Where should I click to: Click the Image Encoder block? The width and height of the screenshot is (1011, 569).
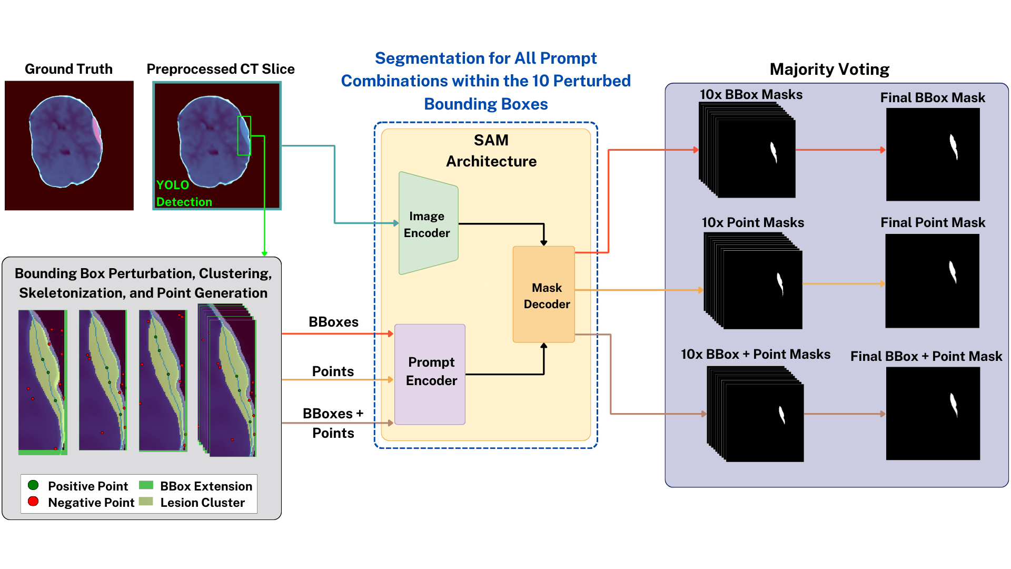(428, 224)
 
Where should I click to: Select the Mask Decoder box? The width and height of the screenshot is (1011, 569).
(544, 295)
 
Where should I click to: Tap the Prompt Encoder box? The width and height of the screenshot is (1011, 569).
(430, 373)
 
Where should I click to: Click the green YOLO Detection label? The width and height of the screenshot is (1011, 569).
(183, 193)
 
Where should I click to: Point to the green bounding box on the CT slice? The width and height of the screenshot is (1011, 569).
(244, 135)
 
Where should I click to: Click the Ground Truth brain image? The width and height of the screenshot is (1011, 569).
(69, 145)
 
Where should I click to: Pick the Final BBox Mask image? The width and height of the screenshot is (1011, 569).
(933, 154)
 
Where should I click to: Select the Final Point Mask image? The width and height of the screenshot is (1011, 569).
(932, 280)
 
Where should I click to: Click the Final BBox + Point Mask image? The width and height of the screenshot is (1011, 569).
(933, 414)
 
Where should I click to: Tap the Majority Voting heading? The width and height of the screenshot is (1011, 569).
(829, 70)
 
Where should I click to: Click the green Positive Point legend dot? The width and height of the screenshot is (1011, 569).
(33, 485)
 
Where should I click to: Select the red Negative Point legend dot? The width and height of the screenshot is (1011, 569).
(33, 501)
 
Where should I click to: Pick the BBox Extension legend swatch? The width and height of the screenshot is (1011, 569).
(146, 485)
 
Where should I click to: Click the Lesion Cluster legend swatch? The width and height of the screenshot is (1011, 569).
(146, 502)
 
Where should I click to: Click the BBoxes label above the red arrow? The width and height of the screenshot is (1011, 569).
(333, 322)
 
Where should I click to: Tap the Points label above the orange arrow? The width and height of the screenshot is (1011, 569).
(333, 371)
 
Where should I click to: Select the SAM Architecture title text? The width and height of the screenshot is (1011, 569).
(491, 151)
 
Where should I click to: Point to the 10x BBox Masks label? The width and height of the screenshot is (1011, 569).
(751, 95)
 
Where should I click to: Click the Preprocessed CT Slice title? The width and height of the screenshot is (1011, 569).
(220, 69)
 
